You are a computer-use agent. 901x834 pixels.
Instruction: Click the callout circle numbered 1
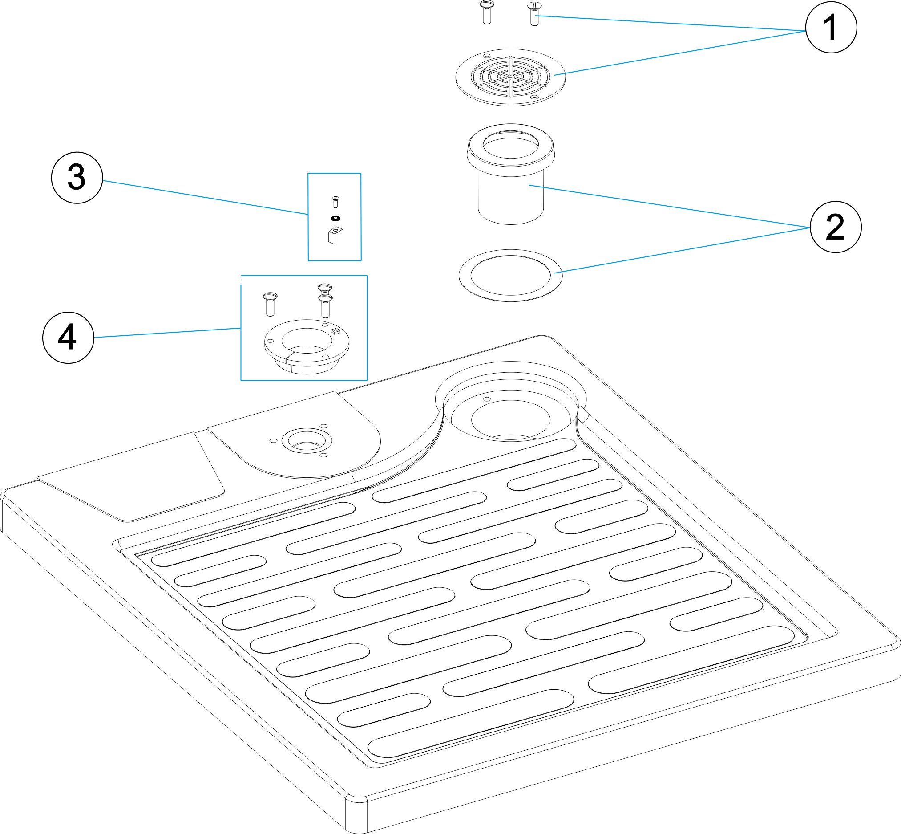coord(831,28)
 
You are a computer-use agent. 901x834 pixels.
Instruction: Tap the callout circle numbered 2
coord(835,227)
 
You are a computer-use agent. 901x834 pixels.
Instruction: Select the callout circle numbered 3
coord(77,177)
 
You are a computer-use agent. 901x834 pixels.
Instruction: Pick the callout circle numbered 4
coord(68,338)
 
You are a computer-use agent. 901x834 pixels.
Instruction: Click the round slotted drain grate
coord(510,77)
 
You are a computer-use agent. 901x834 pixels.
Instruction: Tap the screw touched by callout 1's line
coord(534,13)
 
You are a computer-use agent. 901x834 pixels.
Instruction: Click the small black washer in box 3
coord(335,219)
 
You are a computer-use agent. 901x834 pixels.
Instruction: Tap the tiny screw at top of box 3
coord(335,201)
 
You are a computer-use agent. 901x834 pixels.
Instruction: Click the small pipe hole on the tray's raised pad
coord(307,440)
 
